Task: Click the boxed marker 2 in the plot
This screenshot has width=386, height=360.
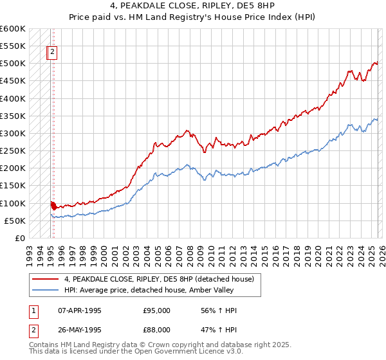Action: click(53, 53)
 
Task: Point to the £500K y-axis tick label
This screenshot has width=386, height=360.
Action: click(13, 64)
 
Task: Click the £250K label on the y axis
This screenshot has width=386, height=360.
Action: click(13, 151)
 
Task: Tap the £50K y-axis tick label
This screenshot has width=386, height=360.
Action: click(15, 221)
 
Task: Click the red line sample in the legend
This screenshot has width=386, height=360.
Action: click(46, 279)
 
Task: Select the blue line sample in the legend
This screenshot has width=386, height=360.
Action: click(46, 290)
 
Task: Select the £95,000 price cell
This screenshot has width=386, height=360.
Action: click(156, 310)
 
